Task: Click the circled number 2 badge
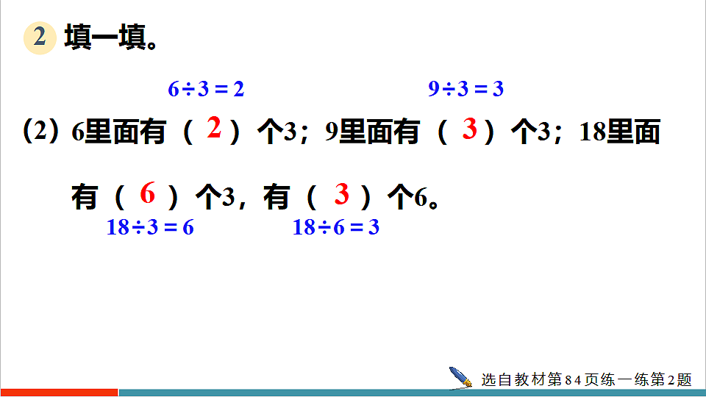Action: pyautogui.click(x=40, y=37)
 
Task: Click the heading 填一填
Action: pyautogui.click(x=111, y=37)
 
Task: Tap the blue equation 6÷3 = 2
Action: pyautogui.click(x=206, y=90)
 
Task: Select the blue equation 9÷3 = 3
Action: pyautogui.click(x=466, y=90)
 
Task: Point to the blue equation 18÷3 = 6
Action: pyautogui.click(x=150, y=228)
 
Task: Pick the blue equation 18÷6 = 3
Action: pyautogui.click(x=336, y=228)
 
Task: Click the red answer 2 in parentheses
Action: pyautogui.click(x=214, y=129)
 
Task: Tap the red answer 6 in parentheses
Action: pyautogui.click(x=148, y=194)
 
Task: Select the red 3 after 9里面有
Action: pyautogui.click(x=470, y=129)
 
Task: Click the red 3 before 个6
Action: pyautogui.click(x=341, y=194)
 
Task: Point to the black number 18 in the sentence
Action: pyautogui.click(x=591, y=132)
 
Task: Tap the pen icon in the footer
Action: pyautogui.click(x=461, y=377)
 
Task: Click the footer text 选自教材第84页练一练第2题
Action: pyautogui.click(x=586, y=379)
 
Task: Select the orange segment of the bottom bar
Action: pyautogui.click(x=59, y=393)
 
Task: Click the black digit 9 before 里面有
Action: pyautogui.click(x=331, y=132)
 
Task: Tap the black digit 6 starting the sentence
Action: pyautogui.click(x=78, y=132)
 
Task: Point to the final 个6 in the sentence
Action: pyautogui.click(x=412, y=197)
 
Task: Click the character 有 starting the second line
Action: pyautogui.click(x=85, y=197)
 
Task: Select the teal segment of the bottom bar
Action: pyautogui.click(x=412, y=393)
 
